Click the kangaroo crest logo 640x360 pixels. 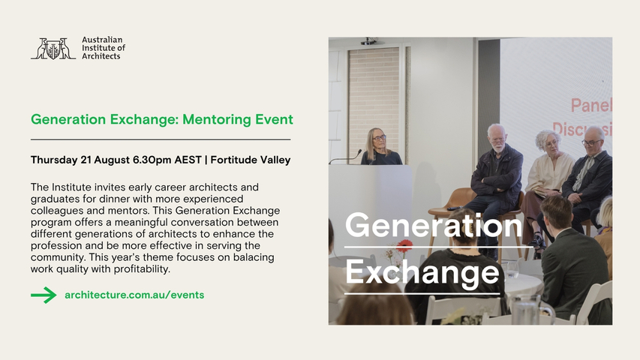53,49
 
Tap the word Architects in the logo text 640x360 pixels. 101,56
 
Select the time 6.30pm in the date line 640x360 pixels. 152,160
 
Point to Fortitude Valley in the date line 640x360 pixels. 250,160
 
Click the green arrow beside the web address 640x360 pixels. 44,295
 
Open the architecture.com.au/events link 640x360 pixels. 134,295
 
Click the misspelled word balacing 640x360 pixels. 254,257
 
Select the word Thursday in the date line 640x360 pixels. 54,160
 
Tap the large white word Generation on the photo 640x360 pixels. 434,225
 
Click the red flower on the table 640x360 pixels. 404,245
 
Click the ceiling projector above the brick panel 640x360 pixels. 369,41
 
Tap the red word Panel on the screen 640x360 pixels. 591,106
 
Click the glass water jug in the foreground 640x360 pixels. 527,310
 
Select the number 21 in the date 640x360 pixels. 86,160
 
